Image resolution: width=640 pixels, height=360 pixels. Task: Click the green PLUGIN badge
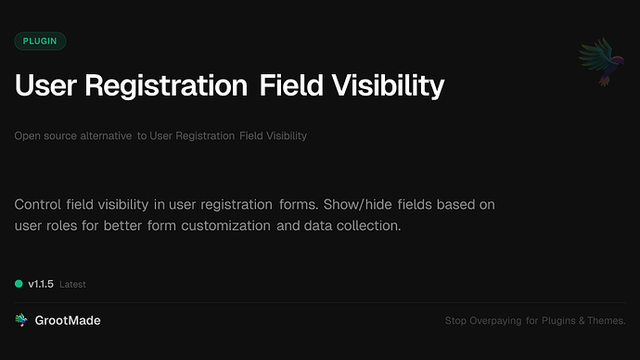point(40,41)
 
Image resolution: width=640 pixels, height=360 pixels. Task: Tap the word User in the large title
point(45,86)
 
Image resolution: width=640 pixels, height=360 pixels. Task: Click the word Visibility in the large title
point(390,86)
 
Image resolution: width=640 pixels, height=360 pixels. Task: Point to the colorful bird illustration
point(595,62)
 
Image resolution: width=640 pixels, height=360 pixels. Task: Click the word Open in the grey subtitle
point(26,136)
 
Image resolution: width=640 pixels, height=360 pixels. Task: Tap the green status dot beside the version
point(19,284)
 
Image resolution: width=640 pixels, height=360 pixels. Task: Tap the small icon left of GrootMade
point(20,320)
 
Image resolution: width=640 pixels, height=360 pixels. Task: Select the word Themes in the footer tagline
point(607,321)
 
